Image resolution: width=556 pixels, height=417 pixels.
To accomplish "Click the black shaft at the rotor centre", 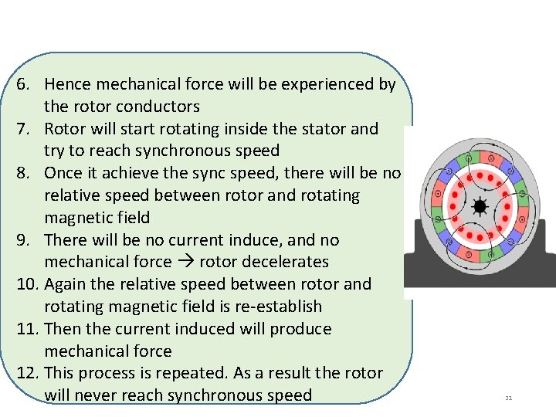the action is click(x=480, y=207).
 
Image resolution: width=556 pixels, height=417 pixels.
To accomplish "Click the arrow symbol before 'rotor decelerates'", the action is click(x=185, y=262).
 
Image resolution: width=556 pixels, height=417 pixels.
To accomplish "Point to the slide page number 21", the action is click(x=509, y=398).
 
